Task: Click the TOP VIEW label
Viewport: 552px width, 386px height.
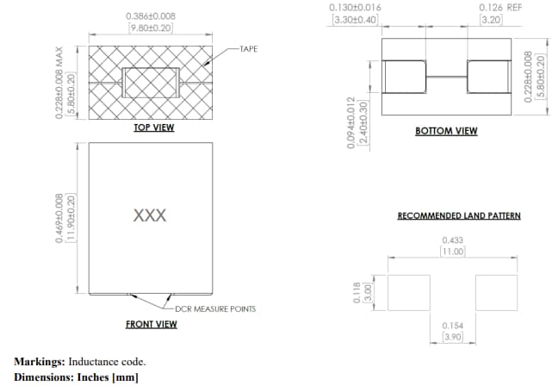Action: coord(153,128)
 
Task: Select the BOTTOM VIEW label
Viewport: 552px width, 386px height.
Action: coord(446,131)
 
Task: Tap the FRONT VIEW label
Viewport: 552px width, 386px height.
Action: coord(152,324)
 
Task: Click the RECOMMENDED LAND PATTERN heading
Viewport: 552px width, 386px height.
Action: coord(458,215)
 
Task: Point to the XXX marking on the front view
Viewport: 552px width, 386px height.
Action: coord(150,215)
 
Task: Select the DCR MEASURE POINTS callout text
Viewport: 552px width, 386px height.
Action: coord(215,308)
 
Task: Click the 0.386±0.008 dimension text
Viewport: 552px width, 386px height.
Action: coord(151,16)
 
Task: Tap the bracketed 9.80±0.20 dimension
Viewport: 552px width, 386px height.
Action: coord(151,28)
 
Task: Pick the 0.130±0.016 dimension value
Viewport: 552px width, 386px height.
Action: coord(355,7)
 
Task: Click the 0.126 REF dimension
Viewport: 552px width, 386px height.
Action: coord(500,7)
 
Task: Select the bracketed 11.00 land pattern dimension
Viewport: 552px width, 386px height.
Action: coord(453,252)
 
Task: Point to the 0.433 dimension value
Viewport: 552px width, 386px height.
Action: coord(452,240)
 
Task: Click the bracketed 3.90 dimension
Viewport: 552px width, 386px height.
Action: coord(452,337)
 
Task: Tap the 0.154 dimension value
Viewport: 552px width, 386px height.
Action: coord(452,325)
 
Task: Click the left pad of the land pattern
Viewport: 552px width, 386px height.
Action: coord(409,292)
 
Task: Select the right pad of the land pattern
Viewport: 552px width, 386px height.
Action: coord(496,292)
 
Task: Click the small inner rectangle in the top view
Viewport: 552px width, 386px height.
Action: coord(151,83)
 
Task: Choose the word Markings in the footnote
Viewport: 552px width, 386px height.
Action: coord(39,361)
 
